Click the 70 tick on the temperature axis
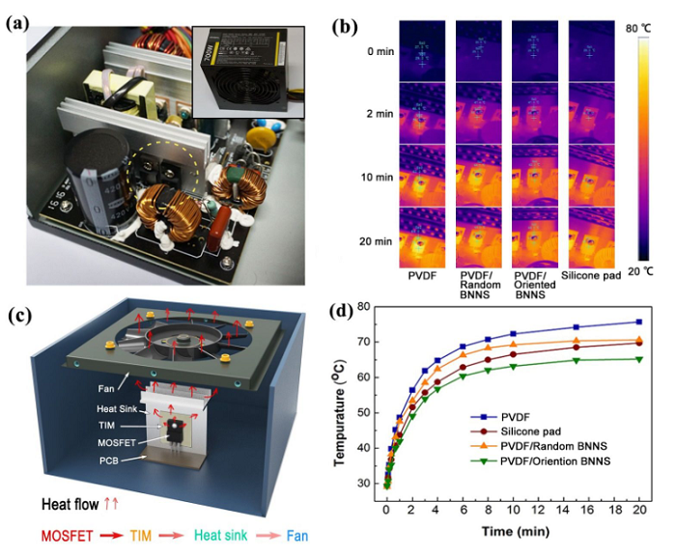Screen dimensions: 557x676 point(370,342)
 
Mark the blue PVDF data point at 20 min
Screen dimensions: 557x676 point(638,321)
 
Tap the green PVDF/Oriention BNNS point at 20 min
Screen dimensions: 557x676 point(638,359)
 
